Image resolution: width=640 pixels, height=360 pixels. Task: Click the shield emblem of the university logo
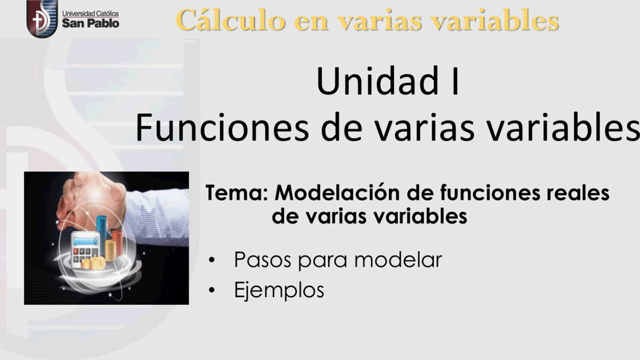pyautogui.click(x=42, y=18)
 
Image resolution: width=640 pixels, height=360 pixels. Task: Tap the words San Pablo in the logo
pyautogui.click(x=91, y=23)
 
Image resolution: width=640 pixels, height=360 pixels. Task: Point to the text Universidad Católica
pyautogui.click(x=90, y=13)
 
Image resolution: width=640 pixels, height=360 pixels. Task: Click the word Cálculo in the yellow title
pyautogui.click(x=231, y=20)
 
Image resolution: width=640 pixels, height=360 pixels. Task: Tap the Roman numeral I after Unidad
pyautogui.click(x=455, y=80)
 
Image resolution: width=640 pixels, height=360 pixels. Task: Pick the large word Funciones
pyautogui.click(x=222, y=127)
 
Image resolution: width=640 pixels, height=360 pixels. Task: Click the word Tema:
pyautogui.click(x=237, y=193)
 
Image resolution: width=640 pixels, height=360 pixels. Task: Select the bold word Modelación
pyautogui.click(x=337, y=193)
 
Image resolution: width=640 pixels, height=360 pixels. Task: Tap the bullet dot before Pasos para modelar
pyautogui.click(x=211, y=260)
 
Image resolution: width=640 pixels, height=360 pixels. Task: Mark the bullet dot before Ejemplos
pyautogui.click(x=211, y=290)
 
